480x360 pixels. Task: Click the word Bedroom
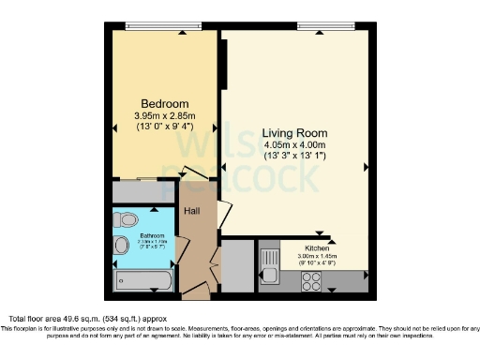[165, 103]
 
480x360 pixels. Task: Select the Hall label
[191, 212]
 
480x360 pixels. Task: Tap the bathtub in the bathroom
[142, 280]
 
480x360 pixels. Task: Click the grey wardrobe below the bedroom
[143, 191]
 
